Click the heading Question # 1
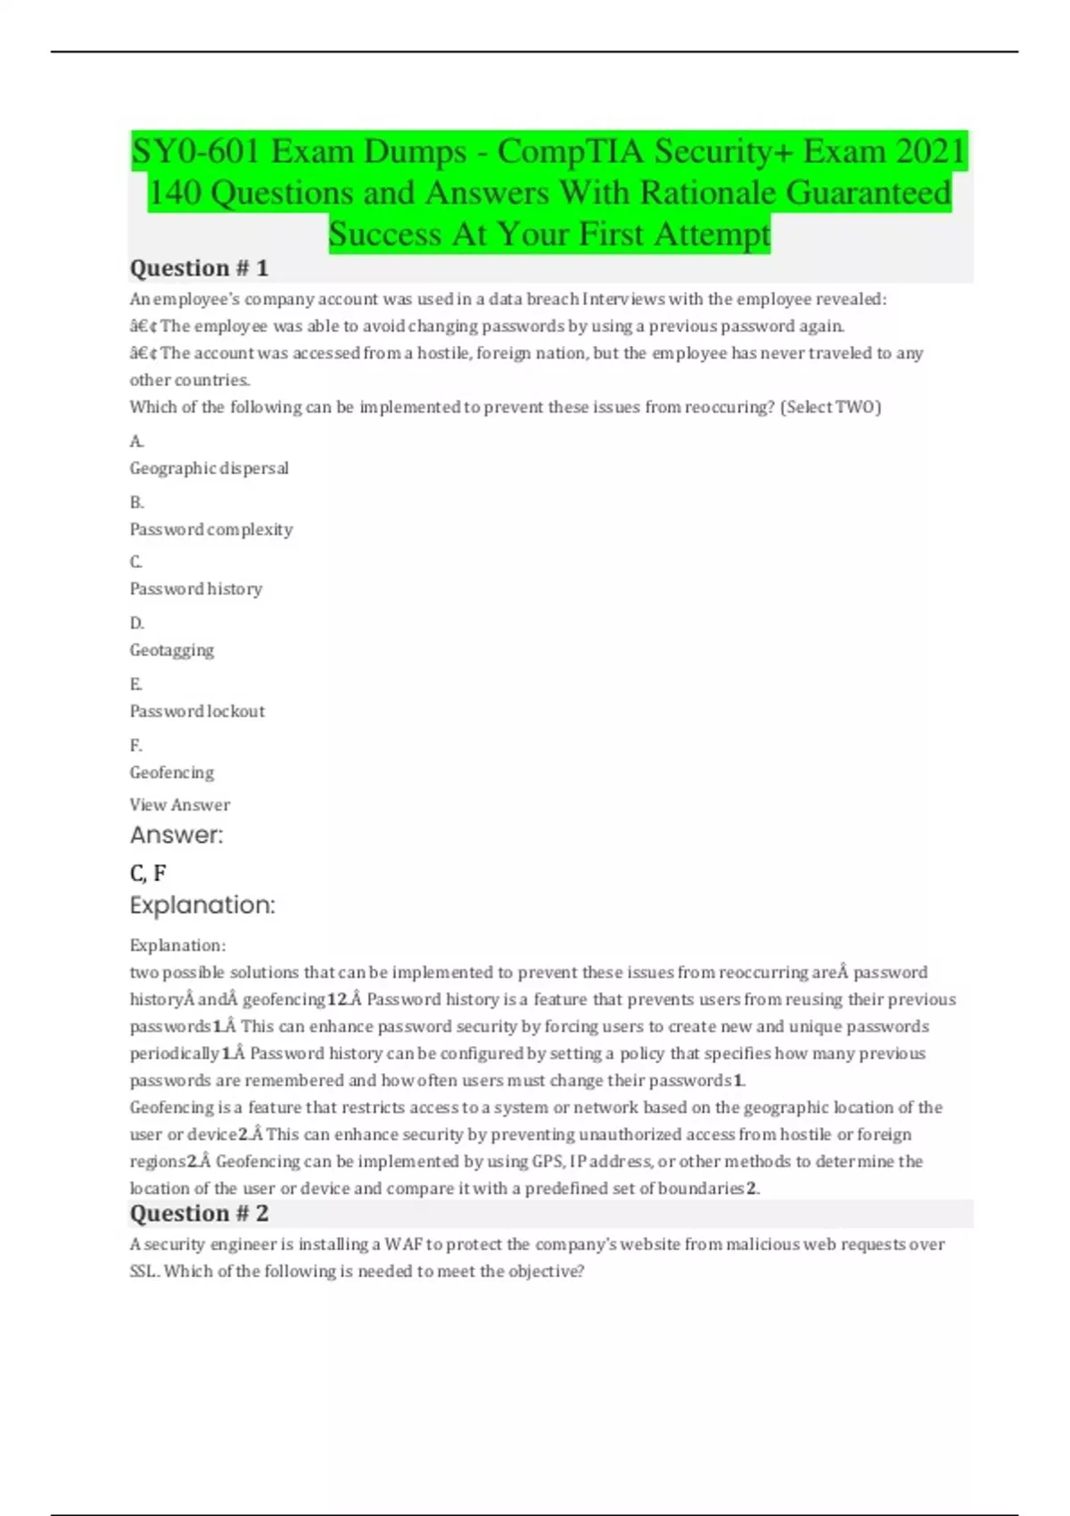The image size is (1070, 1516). tap(199, 268)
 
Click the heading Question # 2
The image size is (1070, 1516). tap(199, 1214)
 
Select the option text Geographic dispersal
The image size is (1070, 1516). tap(209, 468)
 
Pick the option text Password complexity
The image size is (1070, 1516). tap(211, 530)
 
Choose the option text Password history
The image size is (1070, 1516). tap(196, 589)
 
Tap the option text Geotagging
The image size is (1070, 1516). tap(172, 650)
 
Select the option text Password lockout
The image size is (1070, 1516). tap(197, 712)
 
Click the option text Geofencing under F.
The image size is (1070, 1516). tap(172, 772)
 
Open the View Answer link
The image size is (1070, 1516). tap(179, 804)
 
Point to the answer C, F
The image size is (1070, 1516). tap(148, 873)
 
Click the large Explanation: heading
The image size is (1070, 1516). tap(202, 905)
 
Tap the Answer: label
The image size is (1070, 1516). tap(177, 836)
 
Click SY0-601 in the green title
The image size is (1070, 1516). tap(195, 152)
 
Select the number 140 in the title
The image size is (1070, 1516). tap(175, 193)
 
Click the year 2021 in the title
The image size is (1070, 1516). tap(931, 152)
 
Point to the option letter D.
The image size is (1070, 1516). tap(136, 622)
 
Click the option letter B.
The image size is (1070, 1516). tap(136, 502)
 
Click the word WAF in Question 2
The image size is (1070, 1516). tap(403, 1245)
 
